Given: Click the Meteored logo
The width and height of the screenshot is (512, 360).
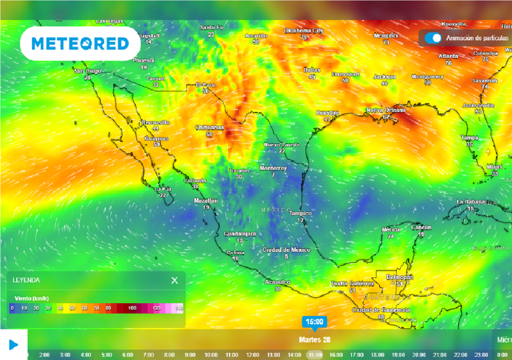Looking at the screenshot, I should coord(80,44).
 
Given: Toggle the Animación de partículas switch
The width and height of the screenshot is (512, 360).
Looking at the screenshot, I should coord(433,38).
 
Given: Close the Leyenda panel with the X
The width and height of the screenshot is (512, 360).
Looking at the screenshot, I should coord(174,280).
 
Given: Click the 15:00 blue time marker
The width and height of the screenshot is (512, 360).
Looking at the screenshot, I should coord(314,321).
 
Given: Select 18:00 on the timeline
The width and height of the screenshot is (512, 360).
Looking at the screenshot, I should coord(377,354).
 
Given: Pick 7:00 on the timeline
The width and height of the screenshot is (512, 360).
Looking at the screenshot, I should coord(148,354).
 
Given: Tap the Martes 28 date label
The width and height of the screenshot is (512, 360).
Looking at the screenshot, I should coord(314,339).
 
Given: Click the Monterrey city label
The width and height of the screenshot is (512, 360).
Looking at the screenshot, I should coord(273,168).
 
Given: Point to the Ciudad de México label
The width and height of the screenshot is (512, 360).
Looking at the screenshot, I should coord(286,250).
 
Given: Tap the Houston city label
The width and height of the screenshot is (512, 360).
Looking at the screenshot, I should coord(327,113).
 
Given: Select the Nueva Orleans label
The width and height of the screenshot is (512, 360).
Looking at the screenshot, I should coord(385,110).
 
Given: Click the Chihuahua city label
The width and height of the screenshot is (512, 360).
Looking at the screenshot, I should coord(209,127).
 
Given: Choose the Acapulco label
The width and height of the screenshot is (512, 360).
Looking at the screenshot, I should coord(277,282).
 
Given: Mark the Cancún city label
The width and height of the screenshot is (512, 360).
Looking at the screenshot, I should coord(421,227).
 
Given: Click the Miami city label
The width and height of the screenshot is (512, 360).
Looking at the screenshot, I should coord(494,166).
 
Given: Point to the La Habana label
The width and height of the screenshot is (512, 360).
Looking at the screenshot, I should coord(470,201).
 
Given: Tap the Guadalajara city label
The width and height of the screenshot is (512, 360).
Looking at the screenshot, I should coord(239,234).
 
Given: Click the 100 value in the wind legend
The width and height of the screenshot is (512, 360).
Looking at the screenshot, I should coord(132,308).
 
